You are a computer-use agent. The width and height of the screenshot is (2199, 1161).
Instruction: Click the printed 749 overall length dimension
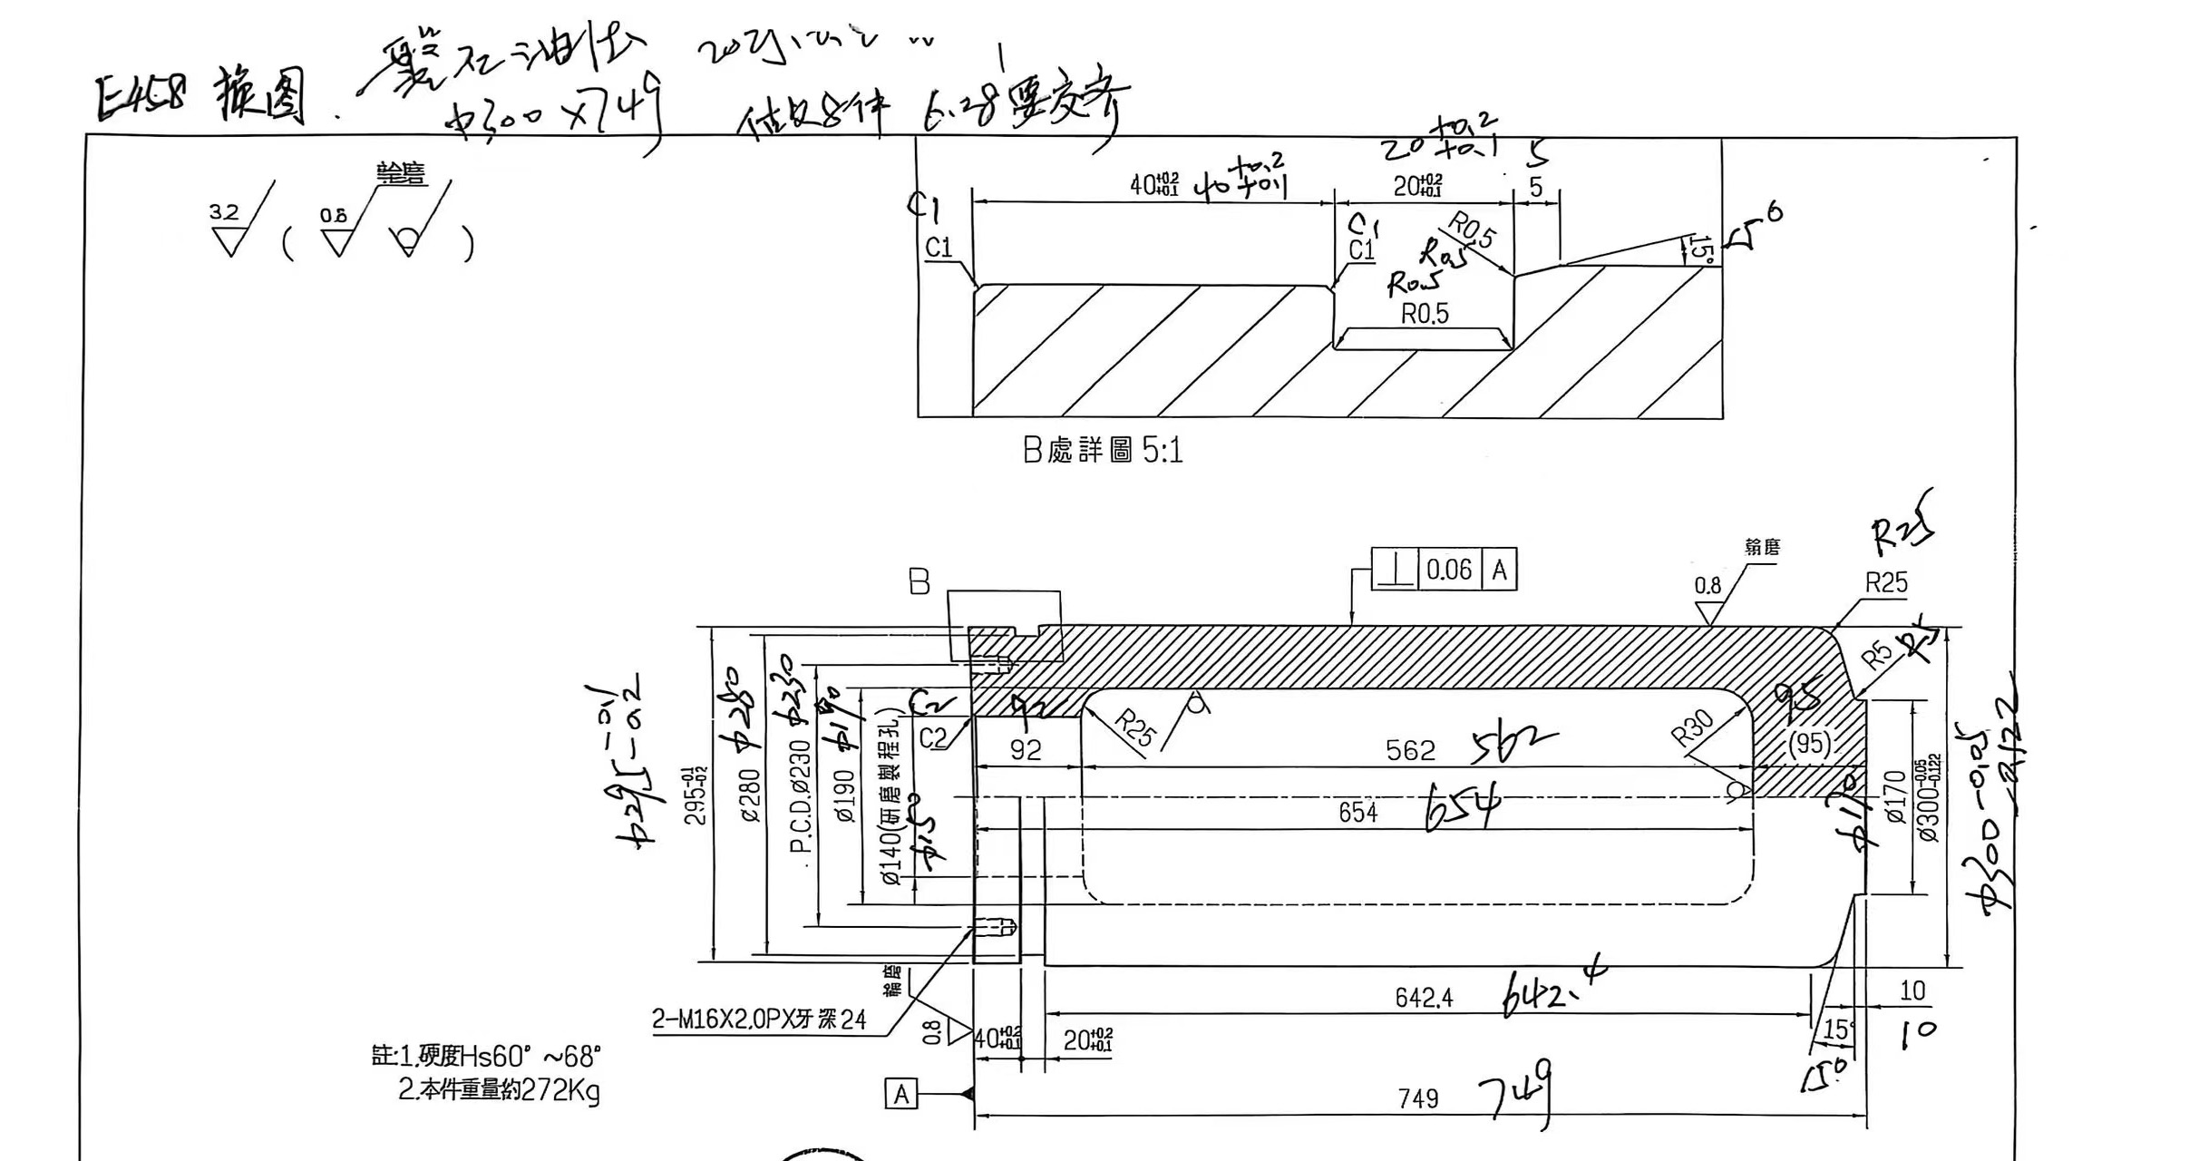tap(1418, 1098)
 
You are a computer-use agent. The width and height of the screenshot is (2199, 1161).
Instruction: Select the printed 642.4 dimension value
tap(1424, 998)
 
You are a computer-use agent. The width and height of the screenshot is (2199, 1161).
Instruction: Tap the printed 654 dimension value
tap(1357, 812)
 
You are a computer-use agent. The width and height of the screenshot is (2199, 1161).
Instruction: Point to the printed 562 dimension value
tap(1410, 750)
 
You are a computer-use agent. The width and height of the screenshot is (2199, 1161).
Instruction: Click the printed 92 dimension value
tap(1026, 750)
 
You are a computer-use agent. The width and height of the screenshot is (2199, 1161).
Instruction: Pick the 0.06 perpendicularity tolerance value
tap(1448, 570)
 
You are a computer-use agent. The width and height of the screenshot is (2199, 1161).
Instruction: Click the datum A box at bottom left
tap(900, 1094)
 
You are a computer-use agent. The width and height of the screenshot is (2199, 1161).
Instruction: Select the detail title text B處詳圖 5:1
tap(1103, 450)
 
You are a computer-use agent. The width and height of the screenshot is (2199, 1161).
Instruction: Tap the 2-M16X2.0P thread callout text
tap(759, 1020)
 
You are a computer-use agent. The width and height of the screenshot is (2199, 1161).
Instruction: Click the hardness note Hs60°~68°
tap(486, 1057)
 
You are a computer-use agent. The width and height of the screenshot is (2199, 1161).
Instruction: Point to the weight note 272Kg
tap(499, 1089)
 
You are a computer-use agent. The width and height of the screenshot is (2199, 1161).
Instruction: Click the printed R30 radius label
tap(1692, 728)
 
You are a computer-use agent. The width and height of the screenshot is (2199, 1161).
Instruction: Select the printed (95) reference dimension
tap(1809, 744)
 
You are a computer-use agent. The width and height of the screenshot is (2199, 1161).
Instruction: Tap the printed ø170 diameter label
tap(1895, 796)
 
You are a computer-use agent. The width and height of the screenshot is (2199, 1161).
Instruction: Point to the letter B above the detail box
tap(919, 582)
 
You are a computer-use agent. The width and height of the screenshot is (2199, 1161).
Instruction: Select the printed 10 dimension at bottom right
tap(1912, 990)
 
